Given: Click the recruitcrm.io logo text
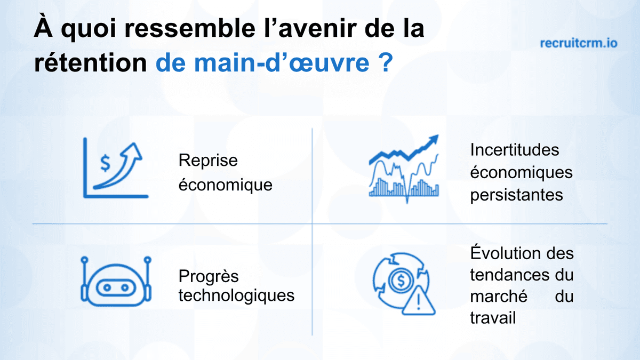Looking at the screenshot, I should click(579, 43).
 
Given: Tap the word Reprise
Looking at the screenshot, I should click(208, 160).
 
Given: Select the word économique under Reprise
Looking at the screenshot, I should click(225, 185).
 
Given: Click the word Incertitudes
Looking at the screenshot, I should click(515, 150).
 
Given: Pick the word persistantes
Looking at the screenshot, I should click(516, 195).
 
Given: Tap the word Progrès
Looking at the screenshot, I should click(209, 277).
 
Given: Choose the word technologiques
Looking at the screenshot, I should click(236, 295).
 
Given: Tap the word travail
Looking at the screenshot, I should click(493, 318).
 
